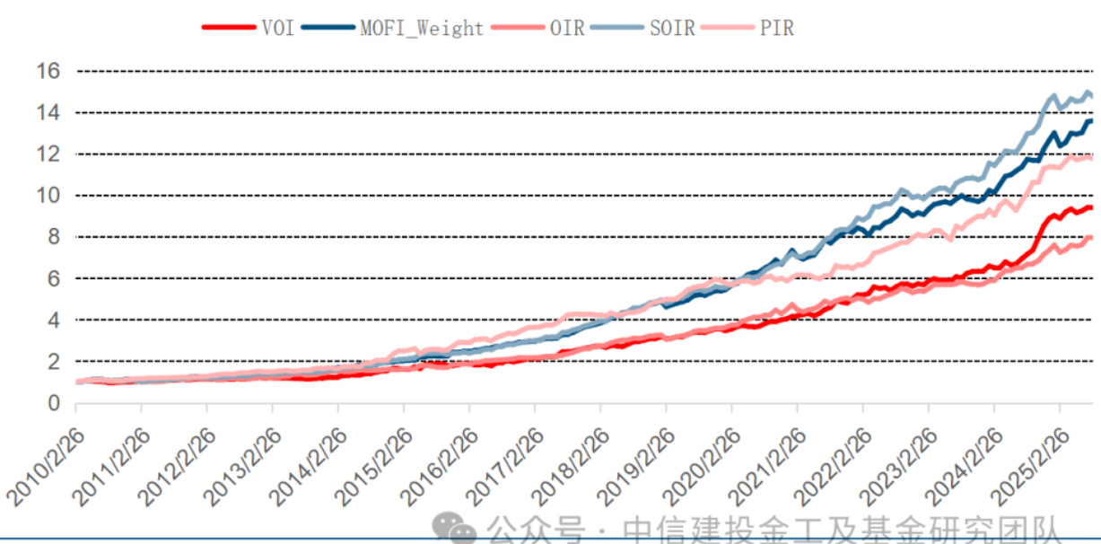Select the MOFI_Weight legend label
(421, 28)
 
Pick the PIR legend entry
(776, 28)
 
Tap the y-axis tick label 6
(53, 278)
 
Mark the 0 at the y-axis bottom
(53, 403)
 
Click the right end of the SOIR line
(1090, 95)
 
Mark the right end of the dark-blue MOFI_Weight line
(1090, 121)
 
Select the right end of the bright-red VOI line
(1090, 207)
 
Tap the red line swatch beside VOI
(229, 28)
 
